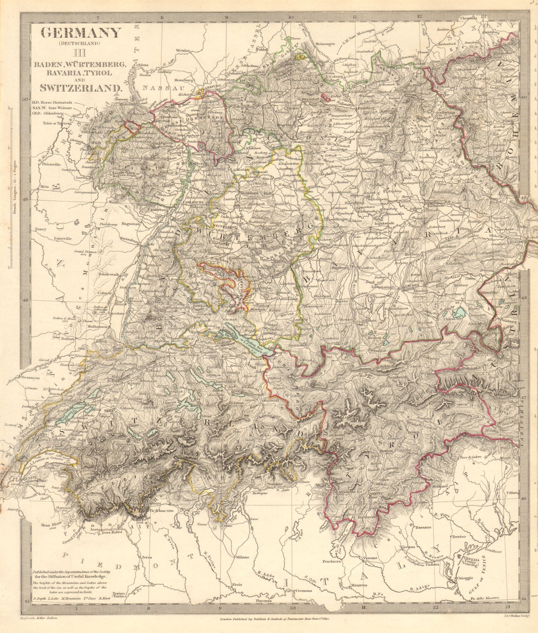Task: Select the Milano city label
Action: (x=242, y=557)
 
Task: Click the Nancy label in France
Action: (x=40, y=229)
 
